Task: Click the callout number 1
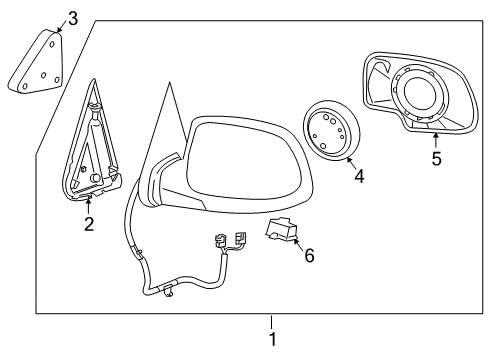(x=271, y=339)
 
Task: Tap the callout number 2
(x=89, y=224)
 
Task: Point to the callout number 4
(x=359, y=177)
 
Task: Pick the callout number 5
(x=436, y=159)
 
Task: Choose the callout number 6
(x=309, y=255)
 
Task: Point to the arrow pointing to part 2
(x=89, y=205)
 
